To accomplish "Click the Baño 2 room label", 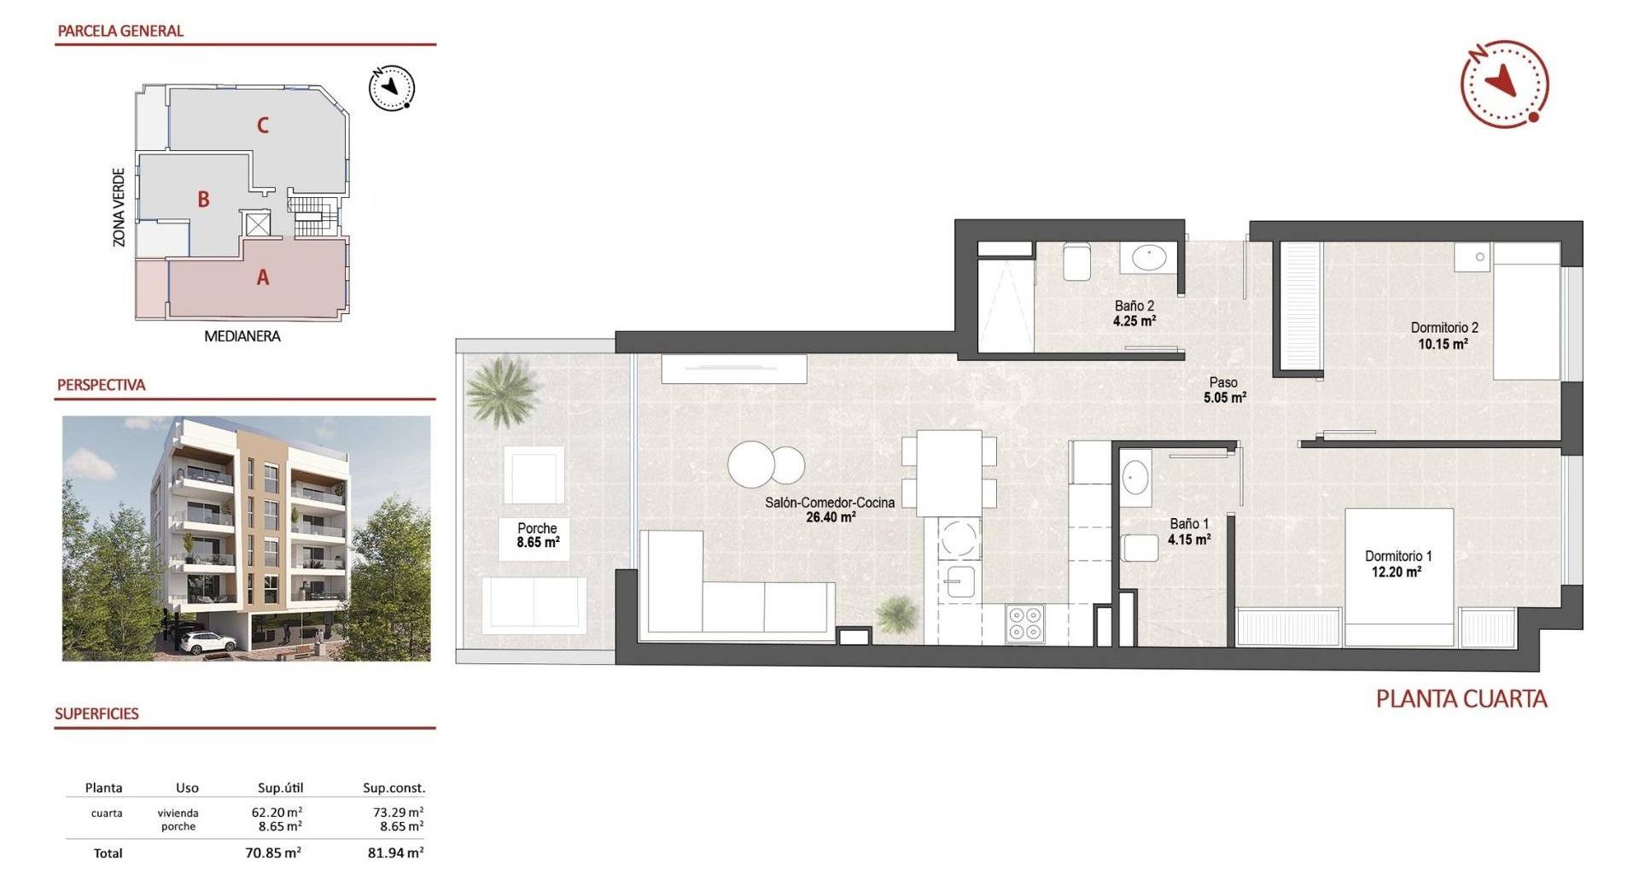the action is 1134,306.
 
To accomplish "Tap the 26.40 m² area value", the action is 831,517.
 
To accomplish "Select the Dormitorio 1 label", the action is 1398,556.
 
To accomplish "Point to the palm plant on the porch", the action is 504,390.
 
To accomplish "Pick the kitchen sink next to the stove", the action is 960,582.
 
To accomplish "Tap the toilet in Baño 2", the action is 1076,261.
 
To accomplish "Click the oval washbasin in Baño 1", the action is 1135,477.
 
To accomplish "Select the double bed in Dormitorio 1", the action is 1399,577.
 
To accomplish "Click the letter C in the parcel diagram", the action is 263,125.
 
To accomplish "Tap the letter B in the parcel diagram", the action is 203,199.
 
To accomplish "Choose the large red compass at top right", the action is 1504,84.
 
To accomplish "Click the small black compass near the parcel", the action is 392,88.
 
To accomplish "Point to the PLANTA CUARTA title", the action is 1461,699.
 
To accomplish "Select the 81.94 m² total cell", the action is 396,853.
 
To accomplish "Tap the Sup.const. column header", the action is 394,788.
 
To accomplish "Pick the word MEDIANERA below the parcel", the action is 242,336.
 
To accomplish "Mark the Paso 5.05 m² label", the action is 1224,390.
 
